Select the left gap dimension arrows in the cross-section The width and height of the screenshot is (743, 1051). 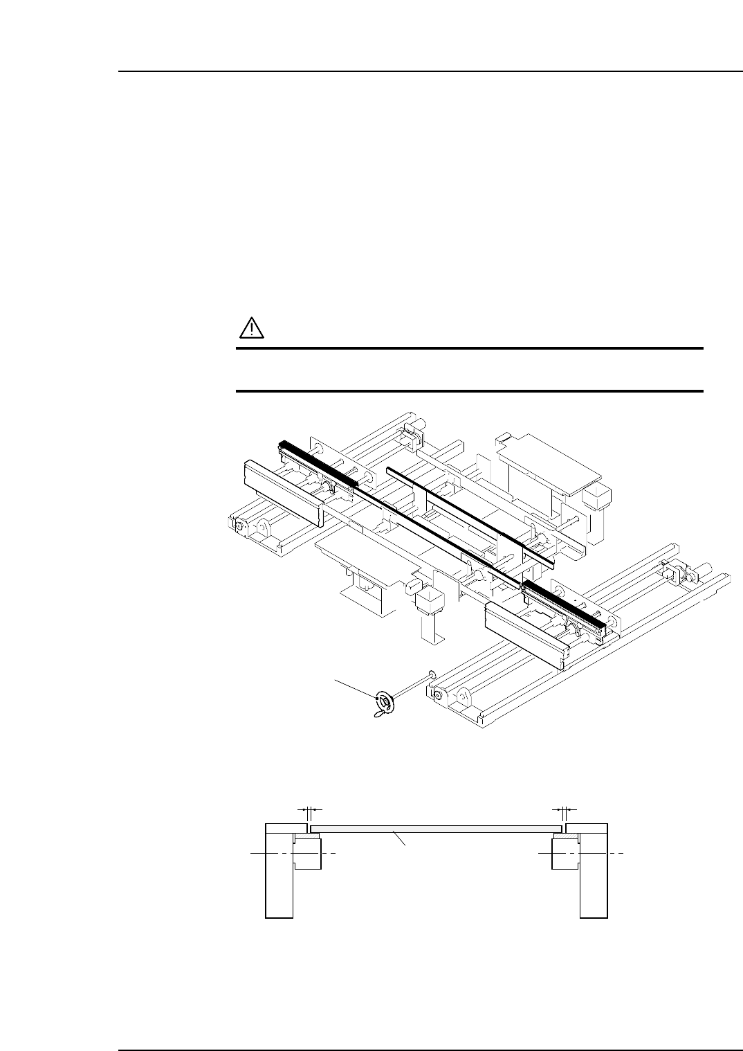coord(309,809)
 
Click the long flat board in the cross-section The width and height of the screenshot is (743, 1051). coord(436,828)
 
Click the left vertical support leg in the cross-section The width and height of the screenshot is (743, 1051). coord(279,879)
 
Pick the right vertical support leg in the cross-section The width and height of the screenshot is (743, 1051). coord(594,879)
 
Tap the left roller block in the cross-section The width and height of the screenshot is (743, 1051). coord(307,853)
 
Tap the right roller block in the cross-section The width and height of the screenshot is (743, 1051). coord(566,853)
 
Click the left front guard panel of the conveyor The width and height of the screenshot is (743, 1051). coord(283,492)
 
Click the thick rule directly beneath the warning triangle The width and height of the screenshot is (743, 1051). coord(469,349)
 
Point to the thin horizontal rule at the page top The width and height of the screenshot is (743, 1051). coord(429,71)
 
